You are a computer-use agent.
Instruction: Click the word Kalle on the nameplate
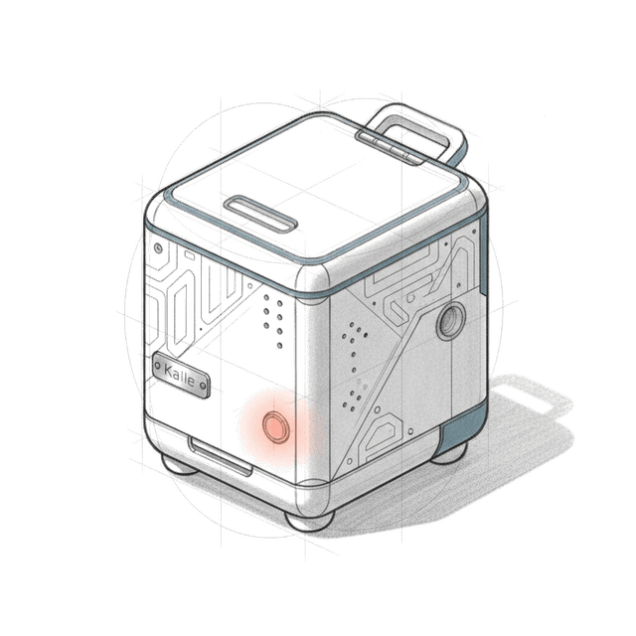179,375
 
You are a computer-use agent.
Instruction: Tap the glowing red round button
276,426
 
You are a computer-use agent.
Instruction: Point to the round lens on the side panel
451,321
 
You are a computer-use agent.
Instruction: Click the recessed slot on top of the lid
260,214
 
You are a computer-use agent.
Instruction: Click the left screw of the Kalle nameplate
158,366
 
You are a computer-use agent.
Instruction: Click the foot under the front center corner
310,520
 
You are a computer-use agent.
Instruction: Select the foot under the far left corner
179,465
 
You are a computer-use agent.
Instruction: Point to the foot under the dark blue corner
449,454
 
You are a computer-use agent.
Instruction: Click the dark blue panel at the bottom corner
462,428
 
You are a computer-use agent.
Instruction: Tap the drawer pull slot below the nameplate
221,456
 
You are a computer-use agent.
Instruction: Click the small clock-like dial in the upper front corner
159,247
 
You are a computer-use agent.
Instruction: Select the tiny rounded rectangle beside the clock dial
190,255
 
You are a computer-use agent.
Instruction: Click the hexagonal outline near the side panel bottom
381,433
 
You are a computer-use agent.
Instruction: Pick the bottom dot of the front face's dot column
280,346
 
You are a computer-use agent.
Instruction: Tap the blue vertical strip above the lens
483,254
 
